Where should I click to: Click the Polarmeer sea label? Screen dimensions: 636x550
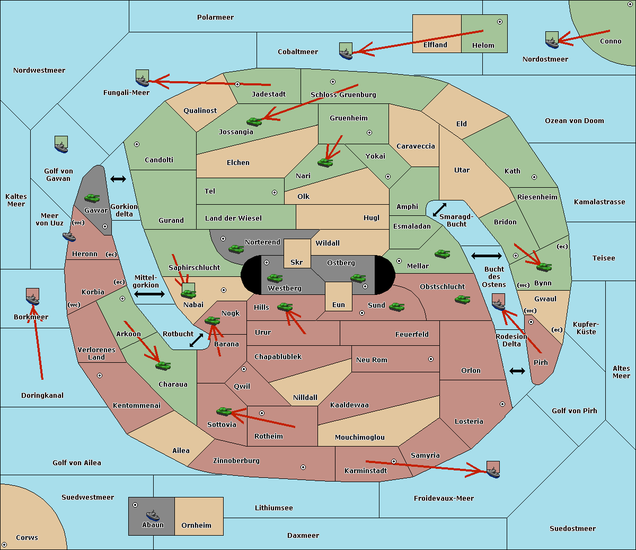215,18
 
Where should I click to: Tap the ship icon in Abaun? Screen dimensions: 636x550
153,515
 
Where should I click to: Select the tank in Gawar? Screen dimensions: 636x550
92,198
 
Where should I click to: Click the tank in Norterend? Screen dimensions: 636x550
236,249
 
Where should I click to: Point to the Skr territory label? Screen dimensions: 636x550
297,262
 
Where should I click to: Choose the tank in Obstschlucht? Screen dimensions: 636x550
463,299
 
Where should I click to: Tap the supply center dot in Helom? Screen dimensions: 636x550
500,22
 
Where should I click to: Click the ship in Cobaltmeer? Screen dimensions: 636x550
346,51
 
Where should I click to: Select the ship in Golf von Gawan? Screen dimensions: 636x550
61,144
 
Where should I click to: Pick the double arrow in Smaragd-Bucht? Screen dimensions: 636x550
439,209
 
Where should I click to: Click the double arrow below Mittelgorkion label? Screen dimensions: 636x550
149,294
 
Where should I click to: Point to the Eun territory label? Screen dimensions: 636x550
339,305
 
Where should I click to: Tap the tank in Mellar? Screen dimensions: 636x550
443,254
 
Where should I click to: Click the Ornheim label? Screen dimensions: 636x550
196,526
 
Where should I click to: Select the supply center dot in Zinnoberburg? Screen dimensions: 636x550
303,467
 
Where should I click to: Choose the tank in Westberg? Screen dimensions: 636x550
275,278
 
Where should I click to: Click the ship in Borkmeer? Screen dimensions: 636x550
33,297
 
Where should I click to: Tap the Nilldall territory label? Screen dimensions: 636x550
305,398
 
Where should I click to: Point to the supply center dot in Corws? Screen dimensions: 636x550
4,545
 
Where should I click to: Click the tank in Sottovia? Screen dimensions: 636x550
224,411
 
